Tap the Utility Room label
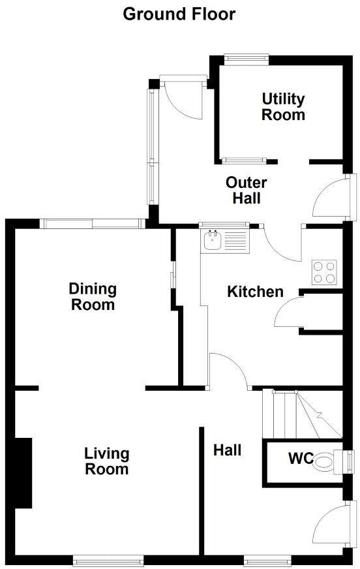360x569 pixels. pyautogui.click(x=283, y=107)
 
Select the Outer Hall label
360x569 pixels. pyautogui.click(x=246, y=190)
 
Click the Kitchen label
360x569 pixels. pyautogui.click(x=255, y=292)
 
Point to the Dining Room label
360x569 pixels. pyautogui.click(x=93, y=296)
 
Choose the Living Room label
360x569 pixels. pyautogui.click(x=107, y=461)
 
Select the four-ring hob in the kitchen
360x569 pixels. pyautogui.click(x=324, y=272)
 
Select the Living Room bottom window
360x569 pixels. pyautogui.click(x=108, y=559)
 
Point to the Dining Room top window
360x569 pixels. pyautogui.click(x=93, y=224)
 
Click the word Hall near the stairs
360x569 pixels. pyautogui.click(x=228, y=450)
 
